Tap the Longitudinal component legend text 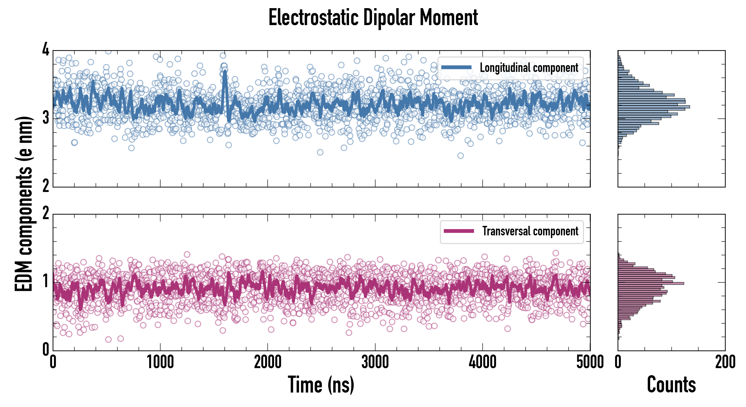pyautogui.click(x=529, y=68)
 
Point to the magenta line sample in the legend pyautogui.click(x=459, y=231)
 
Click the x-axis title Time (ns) pyautogui.click(x=321, y=385)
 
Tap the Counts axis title pyautogui.click(x=671, y=385)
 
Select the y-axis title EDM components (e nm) pyautogui.click(x=24, y=204)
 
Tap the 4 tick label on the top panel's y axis pyautogui.click(x=46, y=50)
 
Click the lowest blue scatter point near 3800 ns pyautogui.click(x=460, y=156)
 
